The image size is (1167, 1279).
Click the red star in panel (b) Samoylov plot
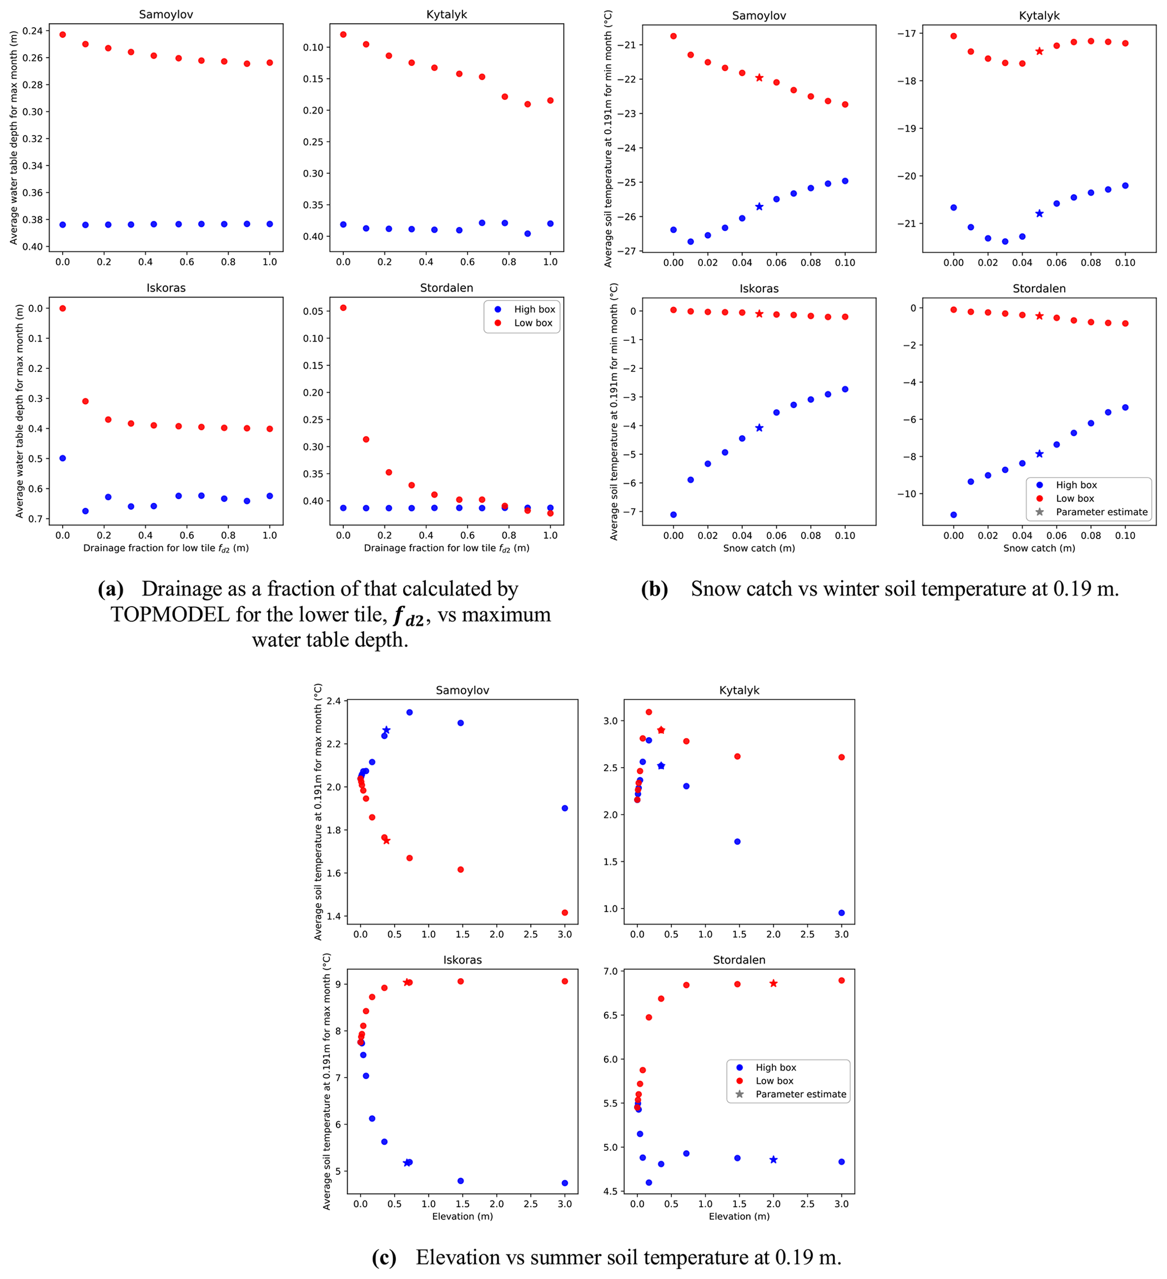759,77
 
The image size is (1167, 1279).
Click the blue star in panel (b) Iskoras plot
759,428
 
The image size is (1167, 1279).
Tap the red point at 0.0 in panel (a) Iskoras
62,308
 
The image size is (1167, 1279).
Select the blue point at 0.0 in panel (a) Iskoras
62,458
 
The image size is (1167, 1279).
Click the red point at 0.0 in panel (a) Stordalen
343,308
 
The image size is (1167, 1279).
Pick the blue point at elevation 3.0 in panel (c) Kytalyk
841,913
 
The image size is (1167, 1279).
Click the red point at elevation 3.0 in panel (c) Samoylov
565,913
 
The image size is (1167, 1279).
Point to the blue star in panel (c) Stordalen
773,1160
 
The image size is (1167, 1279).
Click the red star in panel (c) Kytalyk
661,730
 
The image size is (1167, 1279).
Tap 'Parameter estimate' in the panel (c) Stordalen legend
801,1094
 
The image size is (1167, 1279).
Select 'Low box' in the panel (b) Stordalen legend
1075,498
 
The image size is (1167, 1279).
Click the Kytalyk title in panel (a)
447,15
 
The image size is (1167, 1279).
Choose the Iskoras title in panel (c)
462,960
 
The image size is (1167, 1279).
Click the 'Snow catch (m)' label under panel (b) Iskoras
759,548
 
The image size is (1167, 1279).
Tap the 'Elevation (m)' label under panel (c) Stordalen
739,1216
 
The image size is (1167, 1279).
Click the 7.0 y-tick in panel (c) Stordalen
610,971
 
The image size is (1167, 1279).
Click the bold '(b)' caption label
654,589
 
